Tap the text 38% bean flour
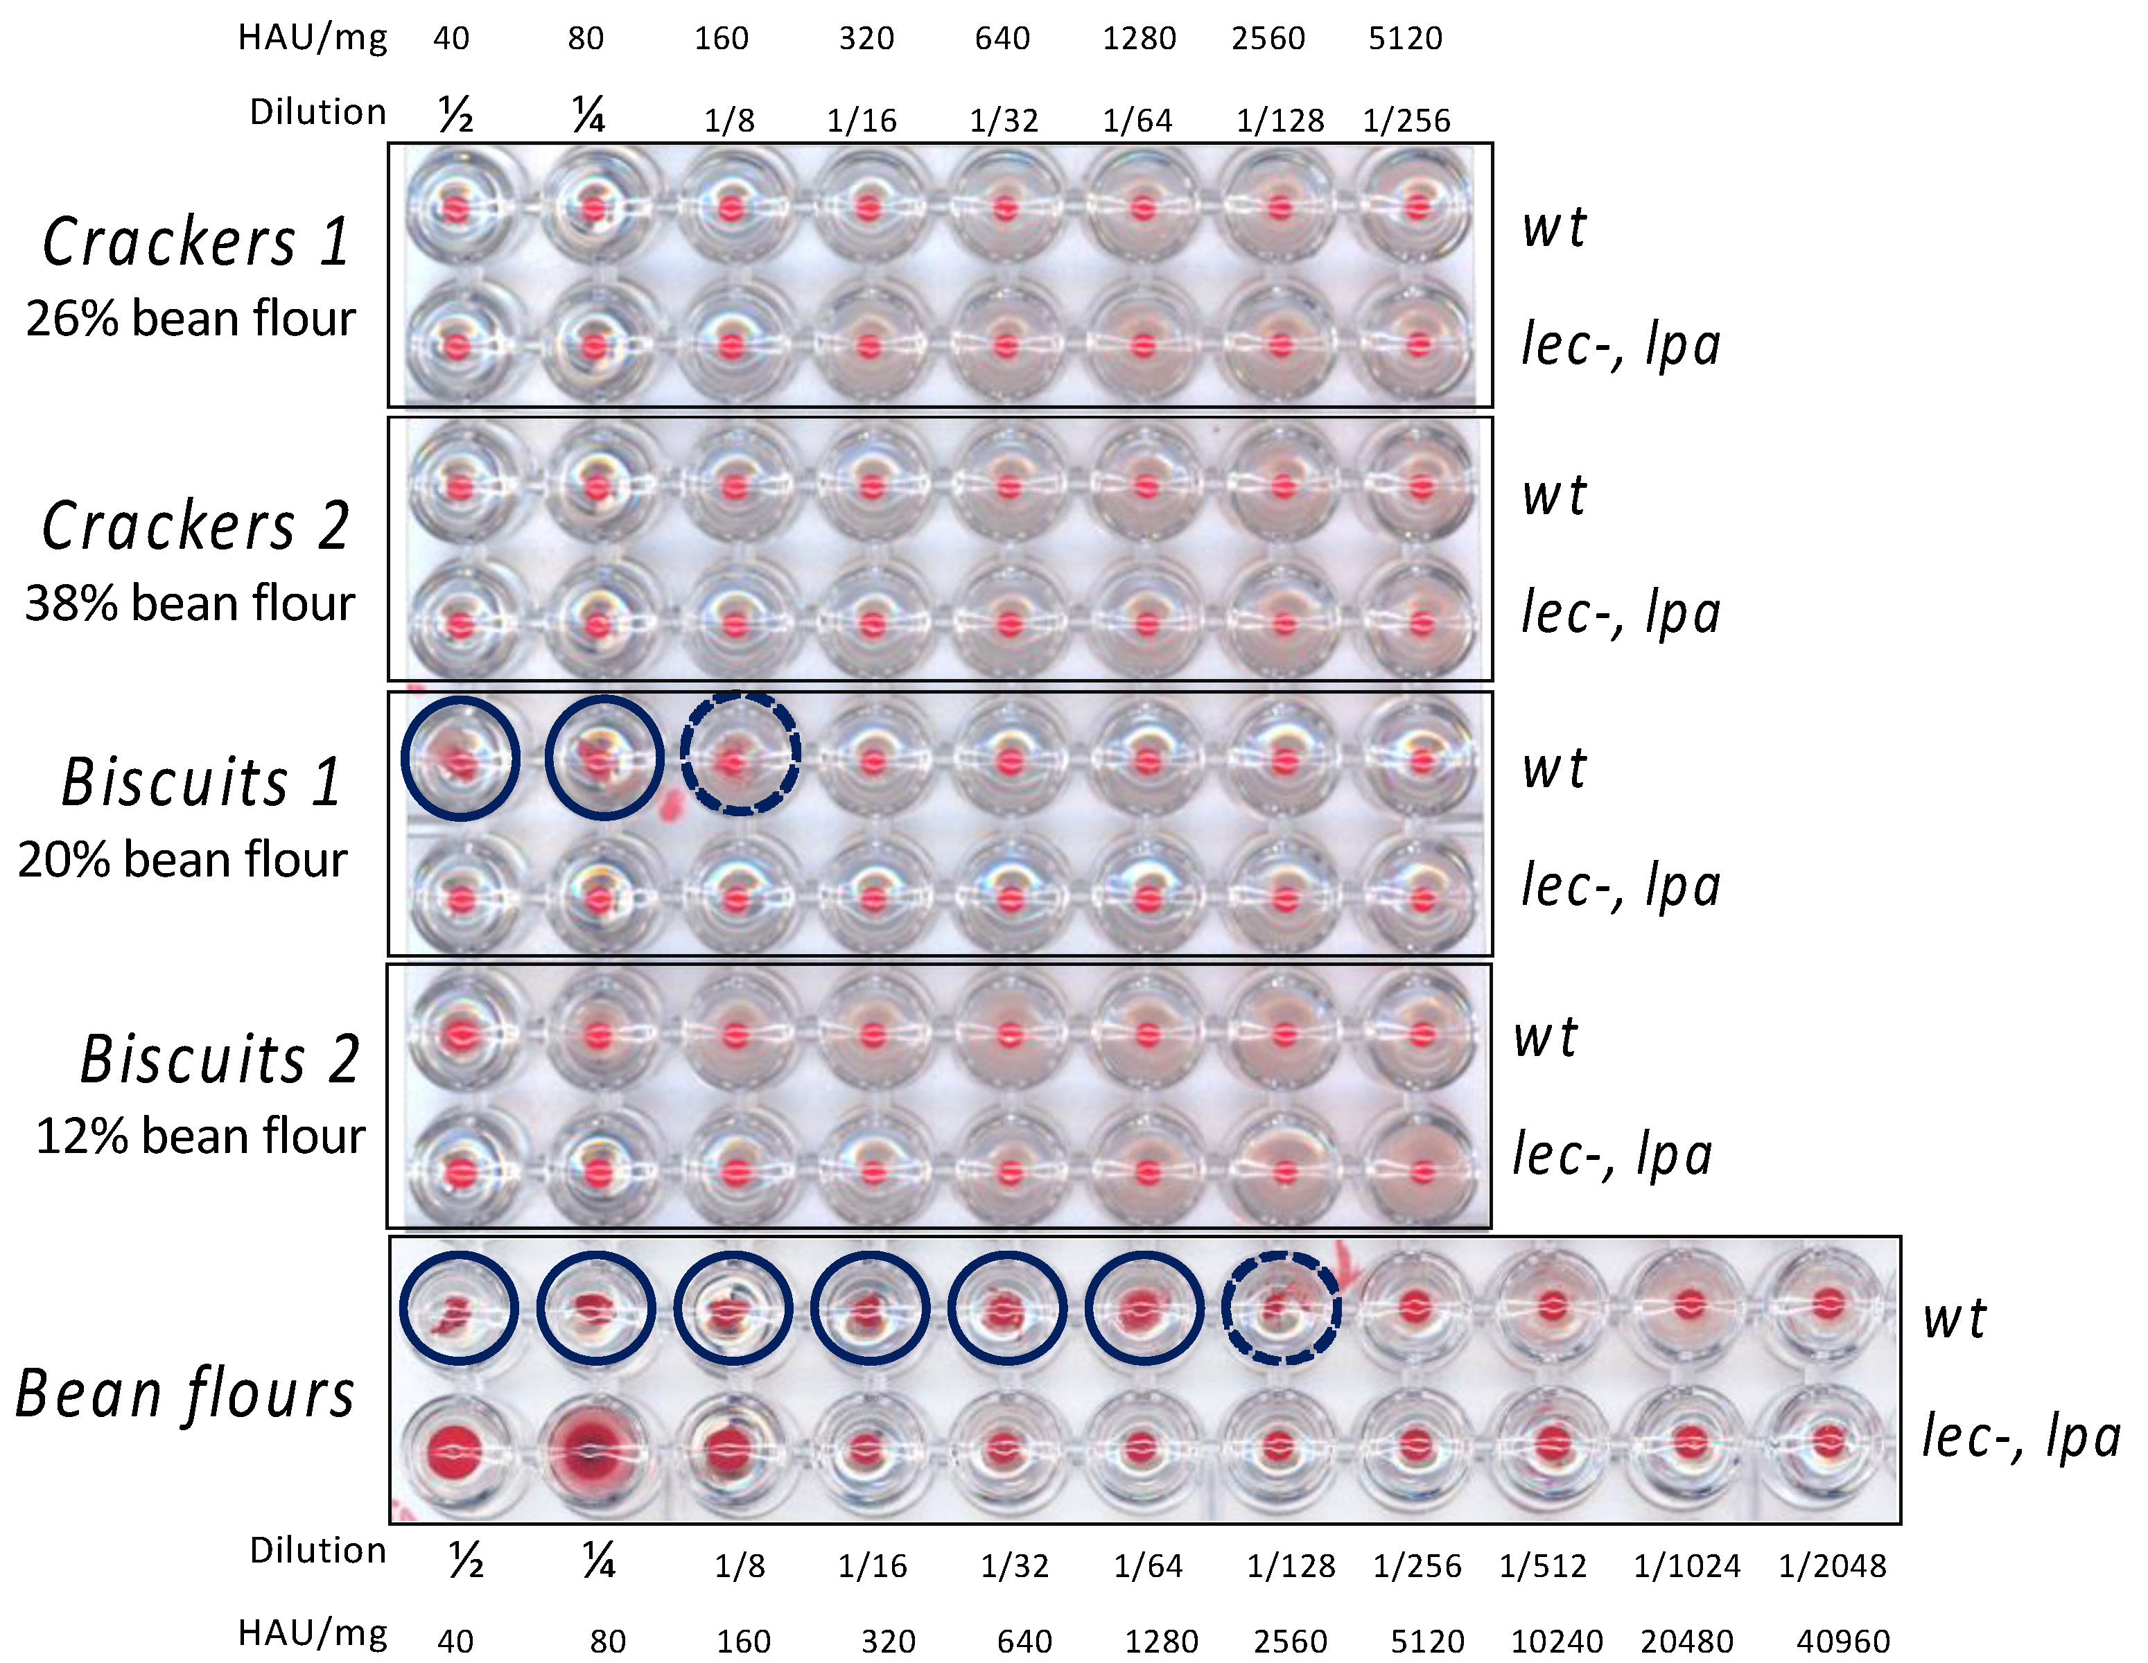(x=190, y=603)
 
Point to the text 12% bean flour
(x=200, y=1136)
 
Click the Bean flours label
(x=185, y=1395)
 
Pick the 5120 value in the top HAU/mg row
(x=1406, y=38)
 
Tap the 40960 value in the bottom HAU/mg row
(x=1843, y=1640)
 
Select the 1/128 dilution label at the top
(x=1280, y=120)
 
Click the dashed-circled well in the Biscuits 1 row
(x=740, y=755)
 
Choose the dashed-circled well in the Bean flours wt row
(x=1280, y=1308)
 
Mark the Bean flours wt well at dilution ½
(x=458, y=1308)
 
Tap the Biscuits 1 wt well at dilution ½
(x=460, y=758)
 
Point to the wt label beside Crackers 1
(x=1554, y=227)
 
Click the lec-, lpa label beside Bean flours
(x=2021, y=1436)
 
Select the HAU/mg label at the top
(x=313, y=38)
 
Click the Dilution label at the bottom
(x=317, y=1551)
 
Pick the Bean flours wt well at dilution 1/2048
(x=1828, y=1306)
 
